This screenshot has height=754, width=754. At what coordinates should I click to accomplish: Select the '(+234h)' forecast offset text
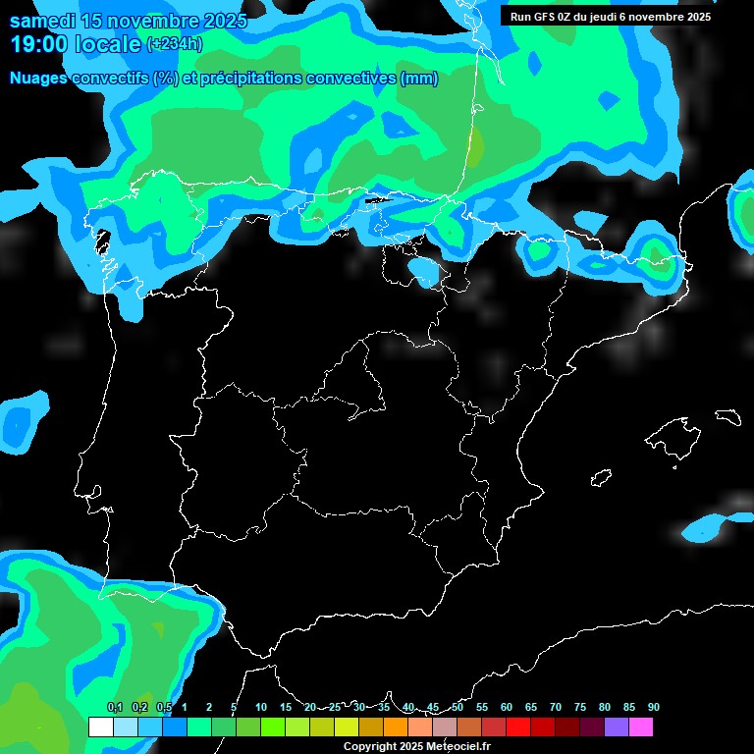click(x=174, y=44)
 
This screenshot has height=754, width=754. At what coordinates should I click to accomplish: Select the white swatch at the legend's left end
click(x=100, y=727)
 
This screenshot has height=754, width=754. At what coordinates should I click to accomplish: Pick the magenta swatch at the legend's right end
click(x=641, y=727)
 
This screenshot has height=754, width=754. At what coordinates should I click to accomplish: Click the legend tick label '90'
click(x=653, y=708)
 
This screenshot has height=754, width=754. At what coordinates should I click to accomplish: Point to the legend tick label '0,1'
click(x=115, y=708)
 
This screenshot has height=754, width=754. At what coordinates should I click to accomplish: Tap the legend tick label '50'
click(x=458, y=708)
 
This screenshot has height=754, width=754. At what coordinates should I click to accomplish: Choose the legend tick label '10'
click(x=261, y=708)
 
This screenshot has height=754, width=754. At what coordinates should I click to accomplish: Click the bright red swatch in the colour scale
click(x=518, y=727)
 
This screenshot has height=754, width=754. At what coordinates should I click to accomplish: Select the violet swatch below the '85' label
click(x=617, y=727)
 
